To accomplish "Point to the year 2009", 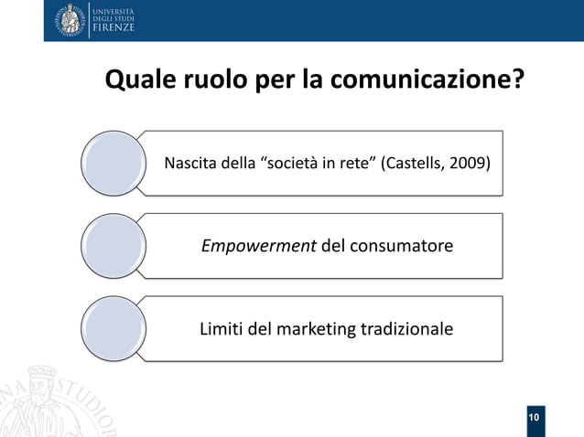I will (468, 165).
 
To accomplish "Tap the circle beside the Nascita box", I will (111, 164).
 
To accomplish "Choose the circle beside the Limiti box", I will (111, 327).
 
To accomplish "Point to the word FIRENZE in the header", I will (113, 29).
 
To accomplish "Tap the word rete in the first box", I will (353, 165).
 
